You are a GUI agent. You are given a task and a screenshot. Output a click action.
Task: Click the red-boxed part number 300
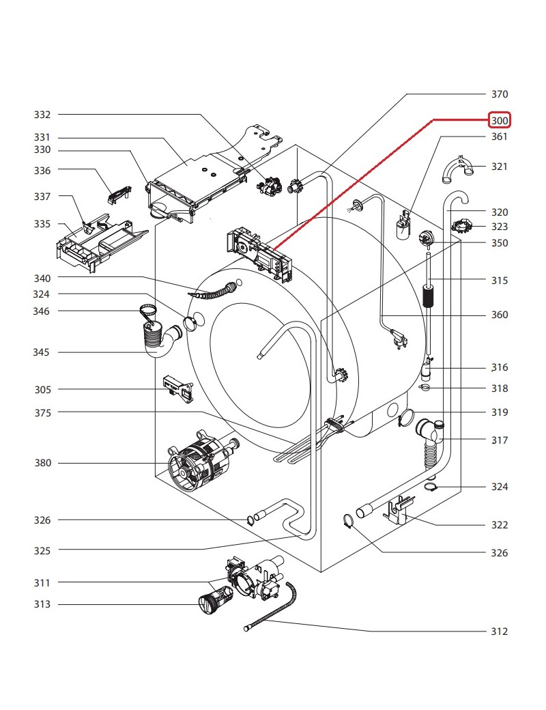coord(500,121)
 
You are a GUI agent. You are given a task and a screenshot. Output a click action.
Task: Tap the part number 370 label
coord(500,94)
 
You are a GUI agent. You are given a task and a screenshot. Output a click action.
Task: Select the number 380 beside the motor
coord(43,464)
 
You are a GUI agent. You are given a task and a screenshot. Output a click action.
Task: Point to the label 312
coord(500,631)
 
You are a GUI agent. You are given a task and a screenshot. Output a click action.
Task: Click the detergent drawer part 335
coord(96,242)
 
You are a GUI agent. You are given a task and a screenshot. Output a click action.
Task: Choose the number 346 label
coord(43,311)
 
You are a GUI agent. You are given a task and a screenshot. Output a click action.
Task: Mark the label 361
coord(500,137)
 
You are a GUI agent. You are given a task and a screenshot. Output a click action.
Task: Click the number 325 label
coord(43,550)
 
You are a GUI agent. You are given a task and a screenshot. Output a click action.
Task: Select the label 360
coord(500,315)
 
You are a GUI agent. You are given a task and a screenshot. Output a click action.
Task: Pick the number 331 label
coord(43,137)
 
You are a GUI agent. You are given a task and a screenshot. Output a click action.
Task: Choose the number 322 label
coord(500,525)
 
